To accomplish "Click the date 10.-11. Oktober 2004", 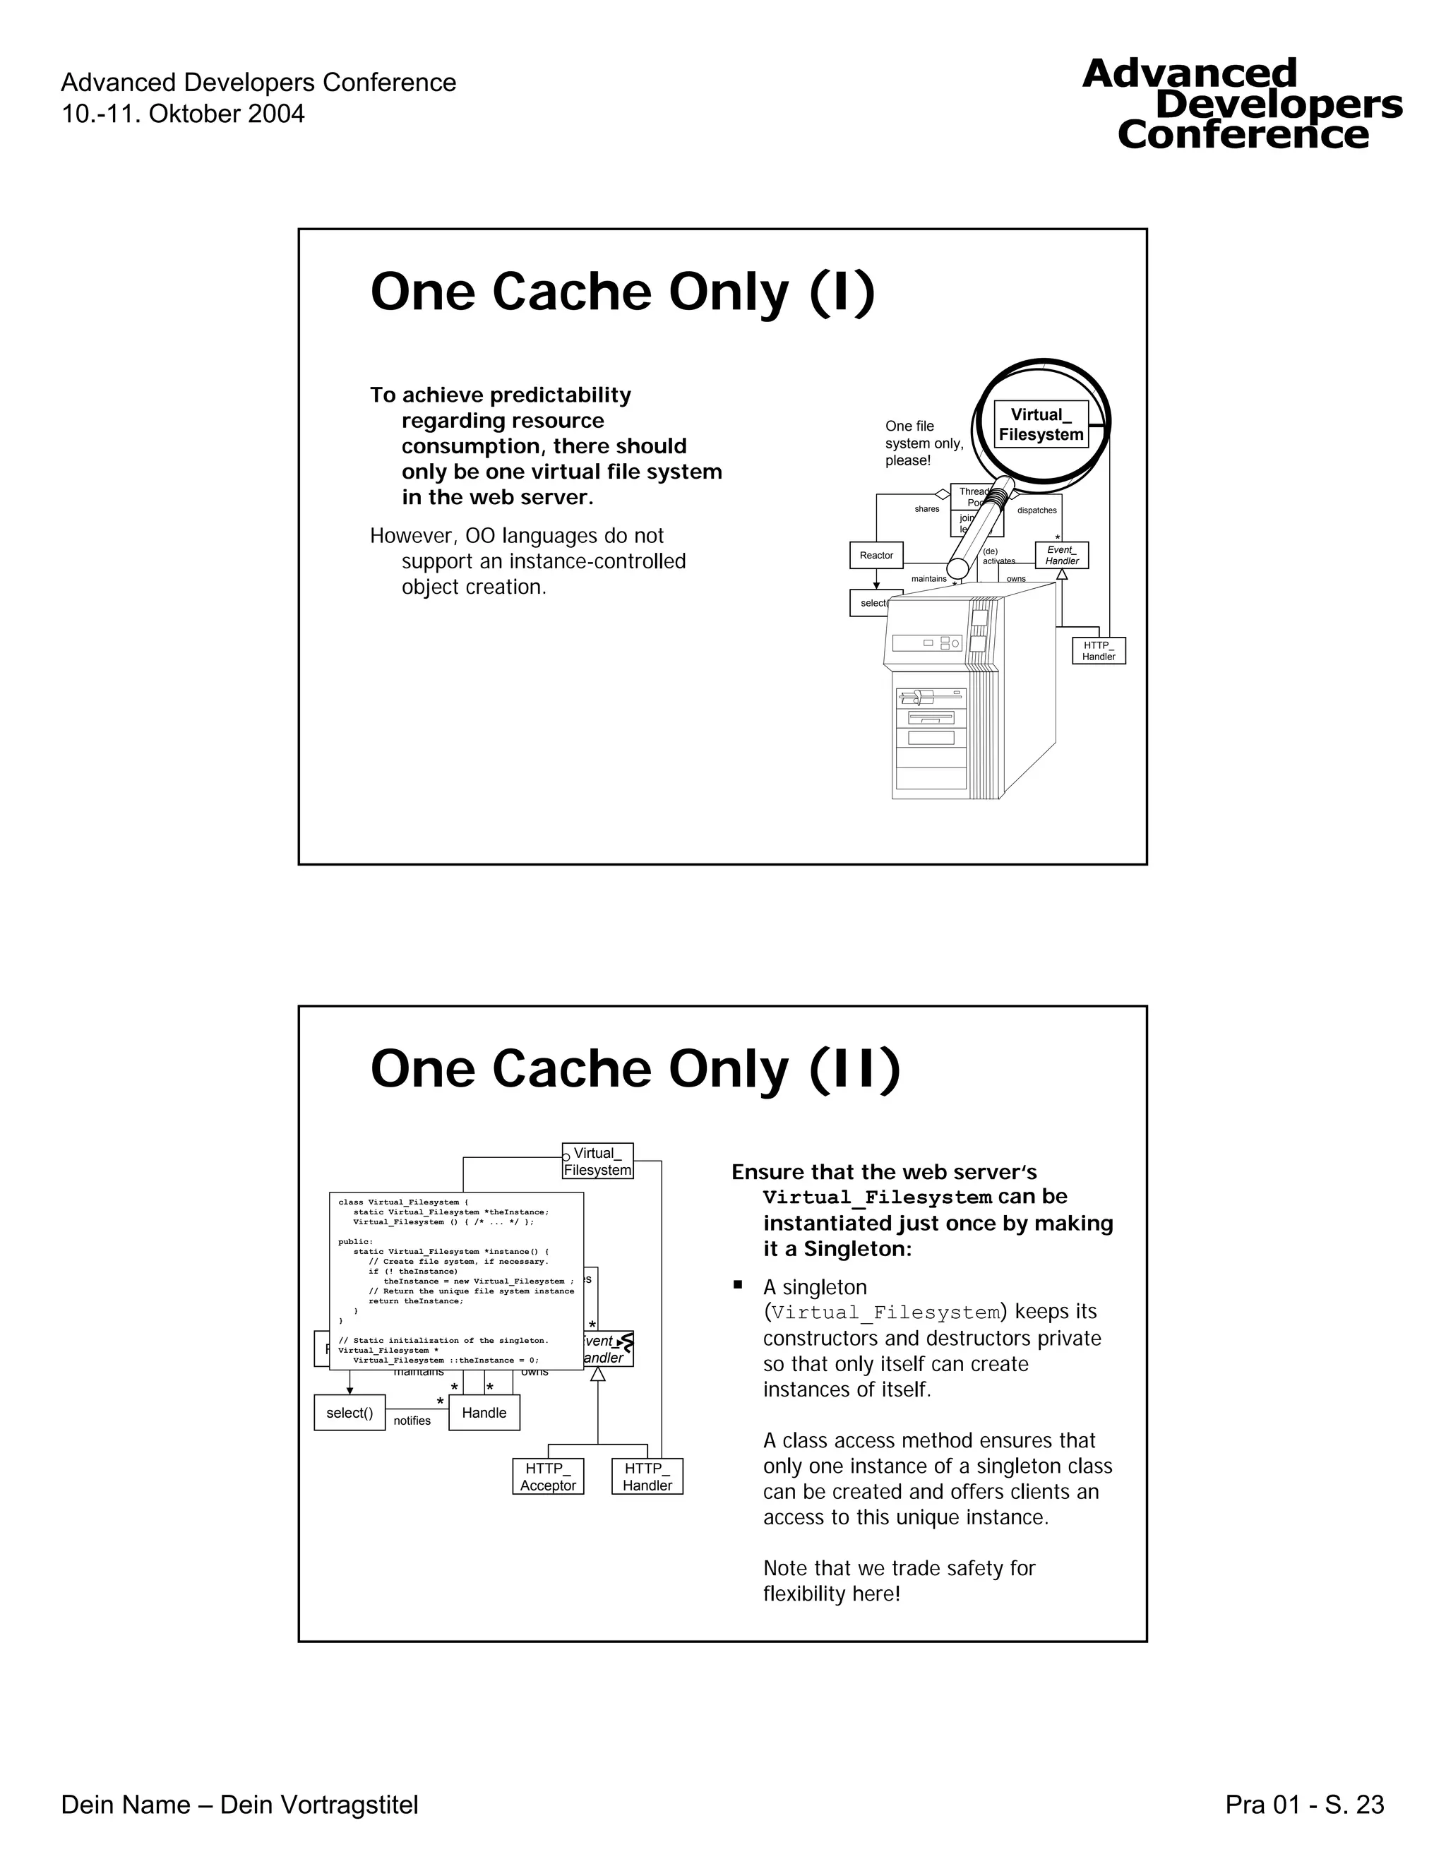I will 182,114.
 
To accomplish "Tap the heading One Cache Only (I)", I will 622,292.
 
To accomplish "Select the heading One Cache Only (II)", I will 635,1069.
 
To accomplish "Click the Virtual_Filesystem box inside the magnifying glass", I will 1041,425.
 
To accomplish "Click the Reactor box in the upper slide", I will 876,555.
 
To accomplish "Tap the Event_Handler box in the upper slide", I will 1061,555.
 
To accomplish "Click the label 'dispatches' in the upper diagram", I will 1036,510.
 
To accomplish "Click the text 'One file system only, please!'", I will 924,443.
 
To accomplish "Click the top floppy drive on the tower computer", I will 931,696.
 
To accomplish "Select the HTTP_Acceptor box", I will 548,1476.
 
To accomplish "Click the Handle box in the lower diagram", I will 484,1413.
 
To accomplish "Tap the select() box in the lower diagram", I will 349,1413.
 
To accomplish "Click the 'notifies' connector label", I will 412,1421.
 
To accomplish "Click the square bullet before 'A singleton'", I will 736,1285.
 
